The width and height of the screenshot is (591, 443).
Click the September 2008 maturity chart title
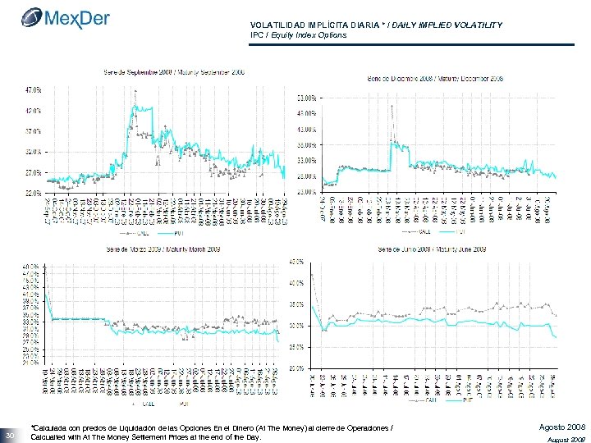click(173, 72)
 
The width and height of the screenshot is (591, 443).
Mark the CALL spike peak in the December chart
click(392, 107)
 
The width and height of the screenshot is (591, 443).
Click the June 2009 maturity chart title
click(433, 248)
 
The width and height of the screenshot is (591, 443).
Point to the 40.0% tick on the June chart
click(296, 283)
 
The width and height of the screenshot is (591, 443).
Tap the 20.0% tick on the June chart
click(296, 368)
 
